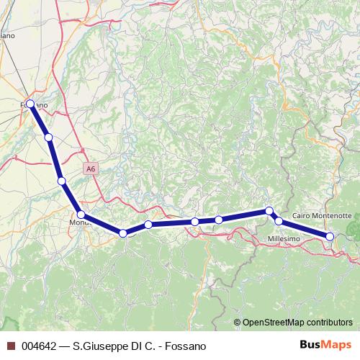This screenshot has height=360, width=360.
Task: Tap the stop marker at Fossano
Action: (x=30, y=103)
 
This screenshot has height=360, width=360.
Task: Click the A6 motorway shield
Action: (x=89, y=168)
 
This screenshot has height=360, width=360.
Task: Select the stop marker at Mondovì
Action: (x=81, y=215)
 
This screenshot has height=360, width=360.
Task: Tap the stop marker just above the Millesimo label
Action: (x=279, y=221)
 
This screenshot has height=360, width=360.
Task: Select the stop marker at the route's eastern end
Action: (x=330, y=236)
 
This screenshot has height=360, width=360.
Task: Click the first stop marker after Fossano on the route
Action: (x=48, y=137)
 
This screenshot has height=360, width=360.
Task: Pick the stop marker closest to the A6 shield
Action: (x=62, y=181)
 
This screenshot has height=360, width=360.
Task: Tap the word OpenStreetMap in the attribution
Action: (x=272, y=323)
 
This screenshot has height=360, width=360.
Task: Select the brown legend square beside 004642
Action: (x=9, y=346)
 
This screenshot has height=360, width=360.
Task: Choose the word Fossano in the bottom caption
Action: (x=186, y=346)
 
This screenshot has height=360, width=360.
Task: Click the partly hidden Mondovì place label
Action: (x=78, y=223)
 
